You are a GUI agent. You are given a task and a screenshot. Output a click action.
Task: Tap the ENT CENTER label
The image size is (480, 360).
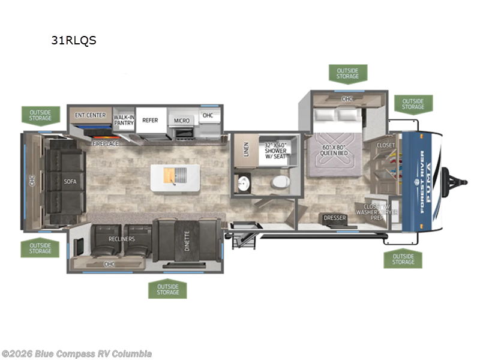point(90,115)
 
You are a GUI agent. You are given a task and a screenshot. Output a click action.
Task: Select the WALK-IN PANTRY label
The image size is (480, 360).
point(124,119)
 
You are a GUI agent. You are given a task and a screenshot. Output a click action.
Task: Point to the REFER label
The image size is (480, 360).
point(150,120)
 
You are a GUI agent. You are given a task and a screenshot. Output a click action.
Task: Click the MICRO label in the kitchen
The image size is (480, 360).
point(182,121)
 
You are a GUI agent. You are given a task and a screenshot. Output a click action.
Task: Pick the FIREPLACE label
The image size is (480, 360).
point(105,144)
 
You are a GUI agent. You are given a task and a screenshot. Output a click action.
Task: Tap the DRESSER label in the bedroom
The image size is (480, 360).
point(335,218)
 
